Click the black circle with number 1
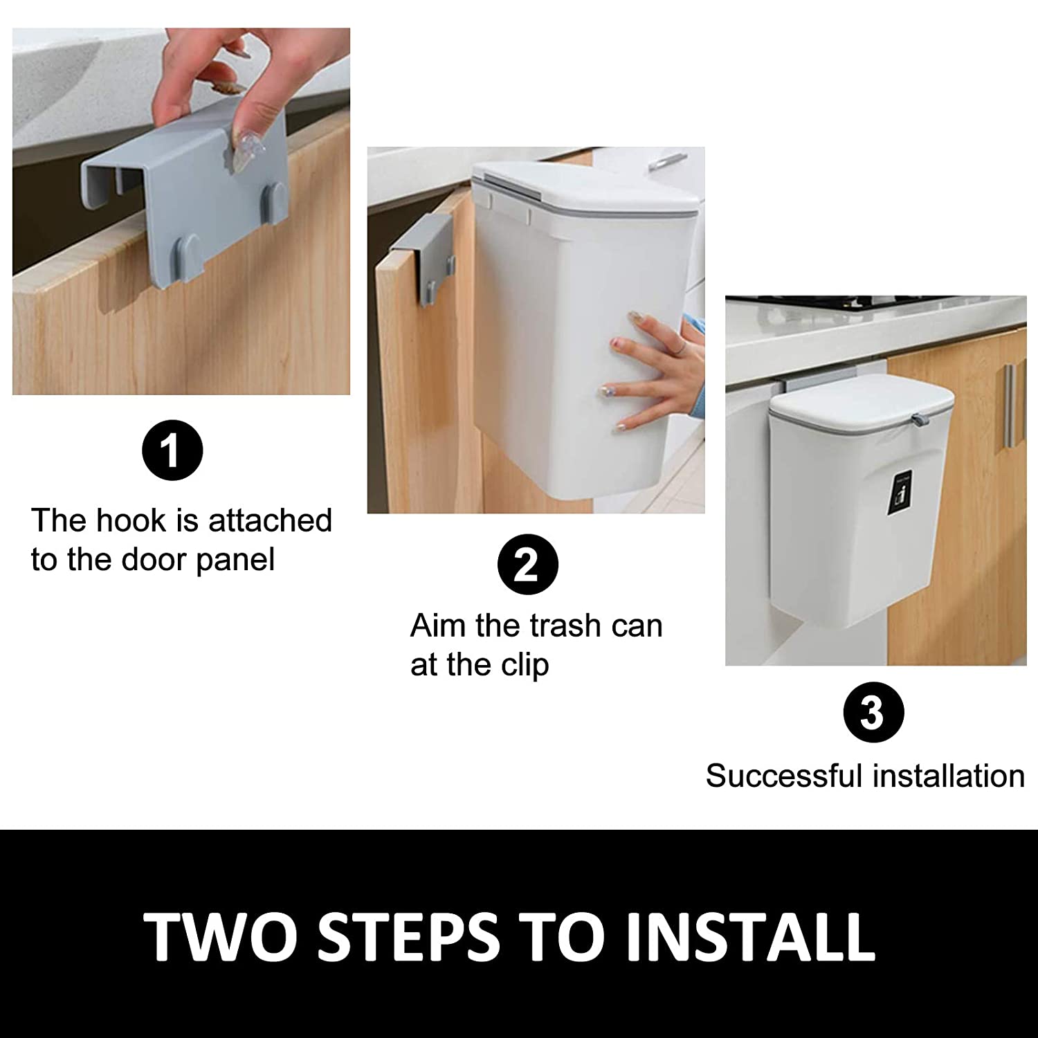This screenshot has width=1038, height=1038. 172,451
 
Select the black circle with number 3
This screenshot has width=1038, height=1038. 873,713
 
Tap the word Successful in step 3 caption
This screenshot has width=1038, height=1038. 784,776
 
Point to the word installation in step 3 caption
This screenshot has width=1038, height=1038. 948,776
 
